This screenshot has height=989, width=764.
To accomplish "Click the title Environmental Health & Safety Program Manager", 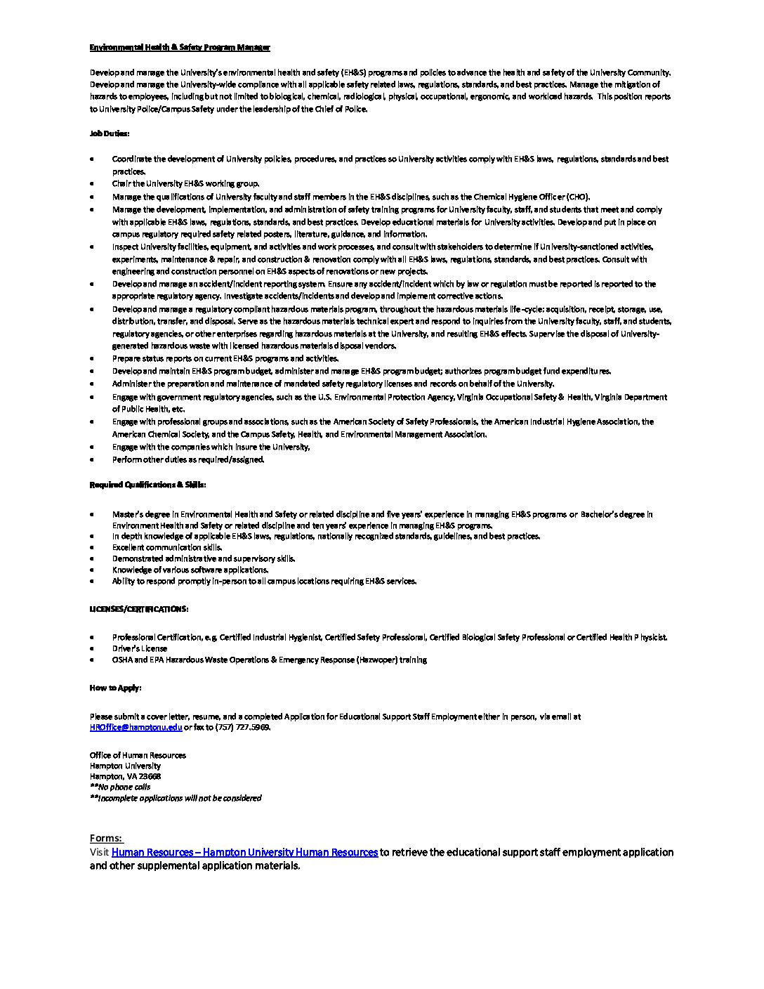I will click(180, 48).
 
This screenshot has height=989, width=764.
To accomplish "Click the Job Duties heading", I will click(110, 133).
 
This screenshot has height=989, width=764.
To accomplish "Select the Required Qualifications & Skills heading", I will click(147, 485).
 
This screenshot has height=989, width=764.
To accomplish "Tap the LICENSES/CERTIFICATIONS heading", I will click(138, 608).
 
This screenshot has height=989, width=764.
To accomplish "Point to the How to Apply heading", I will click(115, 688).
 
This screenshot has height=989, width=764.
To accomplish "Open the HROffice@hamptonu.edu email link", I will click(136, 728).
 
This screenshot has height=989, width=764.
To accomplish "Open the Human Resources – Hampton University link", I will click(244, 852).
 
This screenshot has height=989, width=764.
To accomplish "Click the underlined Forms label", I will click(106, 838).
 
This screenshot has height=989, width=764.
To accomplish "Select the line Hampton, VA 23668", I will click(125, 776).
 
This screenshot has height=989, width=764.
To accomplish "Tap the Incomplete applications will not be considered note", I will click(176, 798).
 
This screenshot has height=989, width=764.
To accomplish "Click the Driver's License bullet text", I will click(140, 648).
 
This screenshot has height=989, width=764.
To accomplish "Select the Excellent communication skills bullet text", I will click(167, 547).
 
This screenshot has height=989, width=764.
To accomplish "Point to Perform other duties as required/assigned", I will click(188, 459).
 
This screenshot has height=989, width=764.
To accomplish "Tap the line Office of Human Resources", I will click(138, 755).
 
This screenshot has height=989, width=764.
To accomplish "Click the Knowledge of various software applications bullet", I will click(190, 570).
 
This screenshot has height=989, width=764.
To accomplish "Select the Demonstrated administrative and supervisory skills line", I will click(204, 558).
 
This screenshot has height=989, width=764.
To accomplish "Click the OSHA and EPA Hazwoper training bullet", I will click(269, 660).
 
